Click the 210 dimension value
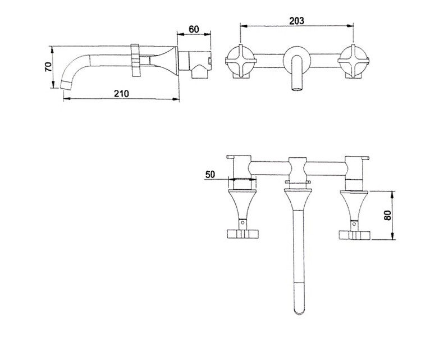pyautogui.click(x=121, y=93)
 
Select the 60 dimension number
pyautogui.click(x=194, y=29)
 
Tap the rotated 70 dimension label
pyautogui.click(x=48, y=67)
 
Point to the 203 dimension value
pyautogui.click(x=297, y=21)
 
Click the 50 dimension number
pyautogui.click(x=210, y=174)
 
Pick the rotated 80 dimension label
pyautogui.click(x=388, y=215)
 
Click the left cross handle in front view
pyautogui.click(x=240, y=61)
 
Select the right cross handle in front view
pyautogui.click(x=353, y=61)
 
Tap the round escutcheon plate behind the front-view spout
pyautogui.click(x=297, y=60)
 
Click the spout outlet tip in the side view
pyautogui.click(x=66, y=85)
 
